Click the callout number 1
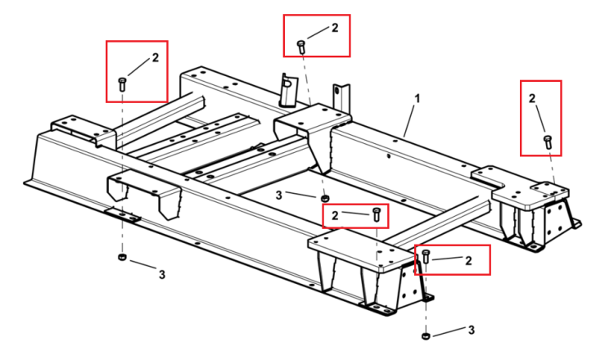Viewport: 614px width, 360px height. tap(418, 99)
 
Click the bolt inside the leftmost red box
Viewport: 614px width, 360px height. tap(122, 84)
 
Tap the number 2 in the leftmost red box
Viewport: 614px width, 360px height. tap(156, 58)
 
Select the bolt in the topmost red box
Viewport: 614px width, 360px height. tap(301, 47)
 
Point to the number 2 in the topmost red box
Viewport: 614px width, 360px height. tap(335, 28)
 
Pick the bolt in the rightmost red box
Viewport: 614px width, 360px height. tap(548, 142)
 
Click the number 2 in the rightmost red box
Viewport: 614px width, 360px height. tap(532, 98)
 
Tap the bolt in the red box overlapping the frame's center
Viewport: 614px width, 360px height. tap(377, 215)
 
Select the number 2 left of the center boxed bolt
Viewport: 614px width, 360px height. tap(335, 216)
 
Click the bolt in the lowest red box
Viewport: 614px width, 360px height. tap(426, 257)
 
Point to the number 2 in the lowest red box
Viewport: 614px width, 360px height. tap(468, 261)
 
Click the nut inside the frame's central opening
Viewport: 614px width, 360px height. tap(325, 198)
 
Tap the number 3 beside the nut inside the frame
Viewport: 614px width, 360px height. tap(279, 196)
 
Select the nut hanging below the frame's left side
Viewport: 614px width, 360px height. tap(122, 257)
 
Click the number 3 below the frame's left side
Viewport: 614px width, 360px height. tap(162, 275)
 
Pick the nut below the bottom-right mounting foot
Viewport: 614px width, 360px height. tap(426, 335)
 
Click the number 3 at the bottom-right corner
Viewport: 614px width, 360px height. tap(472, 330)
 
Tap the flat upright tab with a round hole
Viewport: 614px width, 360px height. tap(341, 97)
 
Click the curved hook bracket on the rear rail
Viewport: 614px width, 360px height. tap(288, 90)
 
